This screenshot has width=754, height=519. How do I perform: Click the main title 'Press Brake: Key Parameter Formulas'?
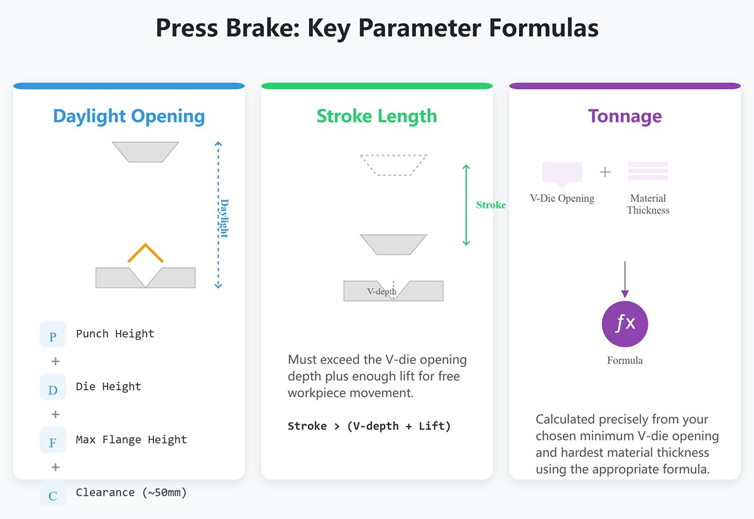pyautogui.click(x=377, y=29)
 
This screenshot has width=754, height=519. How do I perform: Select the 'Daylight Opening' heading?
pyautogui.click(x=129, y=116)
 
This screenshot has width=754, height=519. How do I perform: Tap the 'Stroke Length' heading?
pyautogui.click(x=376, y=116)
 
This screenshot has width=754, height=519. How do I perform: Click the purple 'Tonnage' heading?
pyautogui.click(x=625, y=116)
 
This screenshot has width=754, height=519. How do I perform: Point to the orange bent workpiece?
pyautogui.click(x=145, y=252)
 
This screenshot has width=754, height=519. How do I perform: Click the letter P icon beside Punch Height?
pyautogui.click(x=53, y=334)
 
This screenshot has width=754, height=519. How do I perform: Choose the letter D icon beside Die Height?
pyautogui.click(x=53, y=387)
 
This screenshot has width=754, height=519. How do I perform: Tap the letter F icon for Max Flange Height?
pyautogui.click(x=53, y=440)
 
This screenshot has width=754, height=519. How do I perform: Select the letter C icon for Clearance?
pyautogui.click(x=53, y=493)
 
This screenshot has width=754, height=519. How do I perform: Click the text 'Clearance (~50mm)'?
pyautogui.click(x=131, y=493)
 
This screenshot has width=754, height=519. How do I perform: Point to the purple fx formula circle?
pyautogui.click(x=625, y=324)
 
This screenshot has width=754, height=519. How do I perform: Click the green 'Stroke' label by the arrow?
pyautogui.click(x=491, y=205)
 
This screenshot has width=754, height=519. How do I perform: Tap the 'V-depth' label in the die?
pyautogui.click(x=381, y=292)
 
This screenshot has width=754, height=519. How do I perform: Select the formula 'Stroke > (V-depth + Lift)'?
pyautogui.click(x=369, y=426)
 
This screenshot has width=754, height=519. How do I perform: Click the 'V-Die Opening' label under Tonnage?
pyautogui.click(x=562, y=199)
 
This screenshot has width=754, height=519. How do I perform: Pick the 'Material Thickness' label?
pyautogui.click(x=648, y=204)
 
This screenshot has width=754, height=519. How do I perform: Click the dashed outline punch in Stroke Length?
pyautogui.click(x=393, y=165)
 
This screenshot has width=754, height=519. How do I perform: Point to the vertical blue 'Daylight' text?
pyautogui.click(x=224, y=218)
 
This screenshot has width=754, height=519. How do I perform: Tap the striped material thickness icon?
pyautogui.click(x=648, y=171)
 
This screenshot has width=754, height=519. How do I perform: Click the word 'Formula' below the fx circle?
pyautogui.click(x=625, y=361)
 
